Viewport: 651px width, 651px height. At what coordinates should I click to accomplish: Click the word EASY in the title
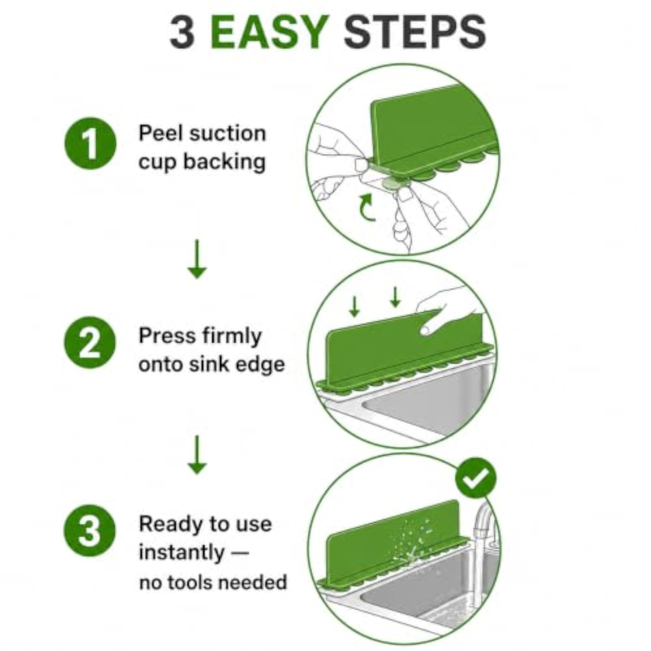point(270,33)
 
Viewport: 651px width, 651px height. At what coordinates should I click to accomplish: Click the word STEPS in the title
point(415,33)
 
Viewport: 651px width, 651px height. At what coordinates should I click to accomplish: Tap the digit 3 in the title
point(182,33)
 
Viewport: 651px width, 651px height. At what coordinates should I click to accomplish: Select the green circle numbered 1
point(90,143)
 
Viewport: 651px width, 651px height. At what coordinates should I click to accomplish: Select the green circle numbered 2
point(90,342)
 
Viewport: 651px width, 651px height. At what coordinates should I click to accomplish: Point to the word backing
point(224,163)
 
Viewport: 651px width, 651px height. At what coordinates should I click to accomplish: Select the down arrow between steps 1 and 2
point(197,259)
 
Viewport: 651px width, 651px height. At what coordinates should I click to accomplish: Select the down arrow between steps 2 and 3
point(197,455)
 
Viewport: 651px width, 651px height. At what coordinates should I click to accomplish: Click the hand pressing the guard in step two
point(445,310)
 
